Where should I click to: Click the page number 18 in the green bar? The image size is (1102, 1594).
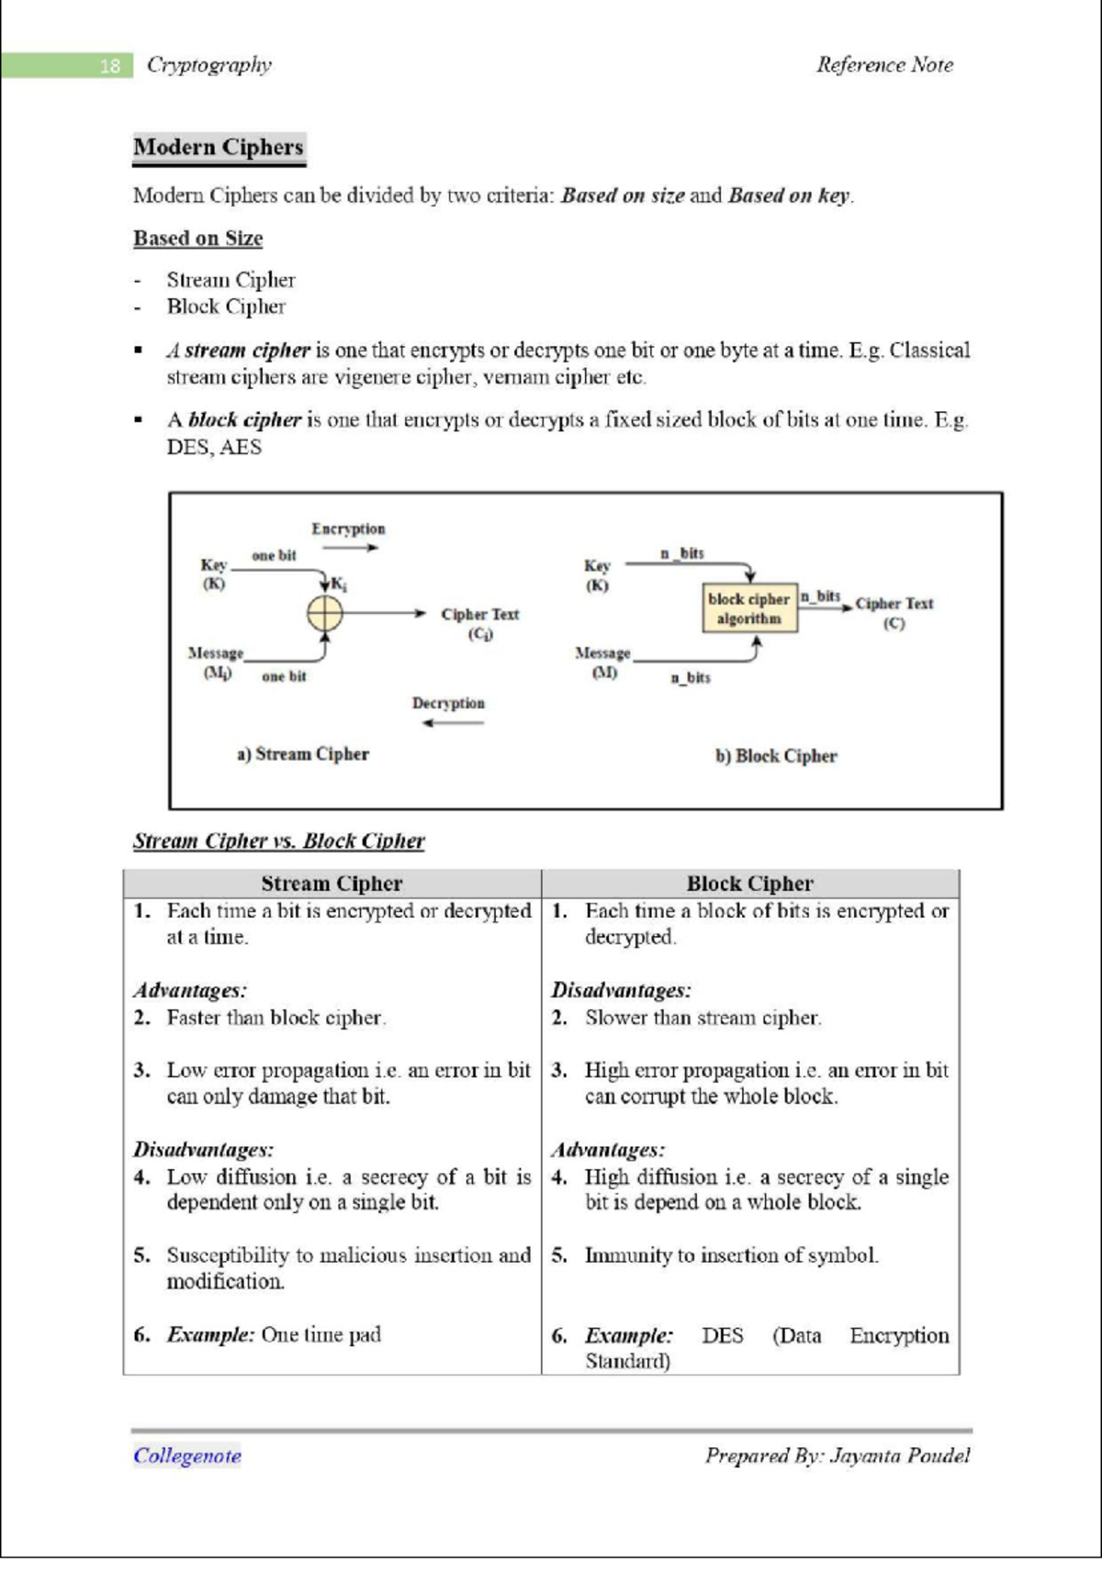click(109, 65)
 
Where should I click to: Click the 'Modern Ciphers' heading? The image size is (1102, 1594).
click(219, 147)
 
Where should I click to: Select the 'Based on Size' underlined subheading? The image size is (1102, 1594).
click(197, 239)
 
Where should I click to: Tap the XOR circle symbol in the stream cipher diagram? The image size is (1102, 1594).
click(324, 613)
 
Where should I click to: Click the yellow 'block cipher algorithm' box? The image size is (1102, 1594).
click(749, 608)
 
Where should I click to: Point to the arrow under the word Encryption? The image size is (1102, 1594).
click(350, 548)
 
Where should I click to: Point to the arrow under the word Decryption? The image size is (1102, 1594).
click(453, 723)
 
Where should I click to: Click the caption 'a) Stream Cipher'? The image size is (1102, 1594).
click(302, 754)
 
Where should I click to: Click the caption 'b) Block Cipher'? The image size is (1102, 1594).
click(776, 756)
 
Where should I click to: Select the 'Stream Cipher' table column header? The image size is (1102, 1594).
click(332, 884)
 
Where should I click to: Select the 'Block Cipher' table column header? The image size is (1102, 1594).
click(749, 884)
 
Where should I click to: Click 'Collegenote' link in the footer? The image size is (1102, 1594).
click(187, 1455)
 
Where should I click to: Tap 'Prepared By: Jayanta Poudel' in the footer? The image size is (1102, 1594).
click(837, 1455)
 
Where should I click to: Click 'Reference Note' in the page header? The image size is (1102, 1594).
click(884, 65)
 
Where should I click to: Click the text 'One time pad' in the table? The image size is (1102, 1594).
click(320, 1334)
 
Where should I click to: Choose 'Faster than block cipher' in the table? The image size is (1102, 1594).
click(275, 1018)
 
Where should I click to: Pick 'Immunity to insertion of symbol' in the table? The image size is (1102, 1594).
click(731, 1255)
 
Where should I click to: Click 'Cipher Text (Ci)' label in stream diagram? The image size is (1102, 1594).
click(479, 623)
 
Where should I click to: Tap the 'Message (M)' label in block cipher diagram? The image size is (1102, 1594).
click(602, 662)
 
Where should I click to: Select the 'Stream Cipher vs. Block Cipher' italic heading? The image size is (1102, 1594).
click(278, 841)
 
